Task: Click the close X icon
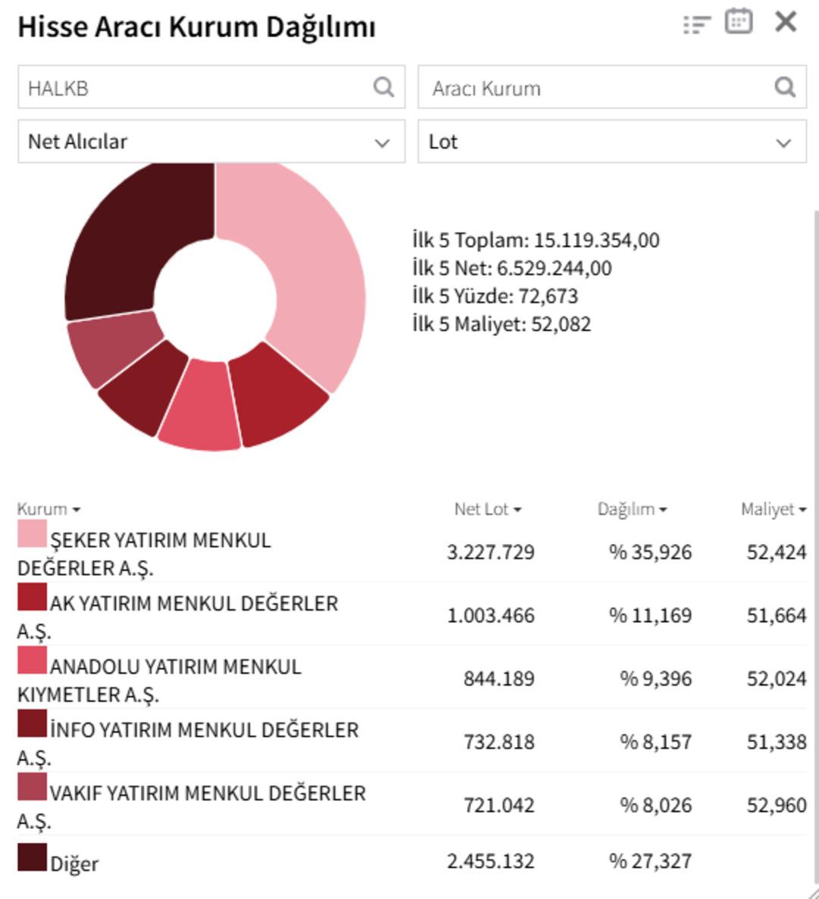786,22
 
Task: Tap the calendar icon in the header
738,22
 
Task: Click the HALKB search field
197,88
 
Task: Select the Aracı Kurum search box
599,88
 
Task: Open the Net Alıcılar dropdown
211,142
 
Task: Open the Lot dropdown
611,142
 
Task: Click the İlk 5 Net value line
512,269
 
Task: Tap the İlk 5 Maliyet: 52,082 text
501,325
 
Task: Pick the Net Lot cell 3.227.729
491,552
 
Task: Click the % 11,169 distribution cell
650,615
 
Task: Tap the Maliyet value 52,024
776,678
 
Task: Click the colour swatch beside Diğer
32,857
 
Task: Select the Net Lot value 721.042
498,805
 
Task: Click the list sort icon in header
696,24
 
